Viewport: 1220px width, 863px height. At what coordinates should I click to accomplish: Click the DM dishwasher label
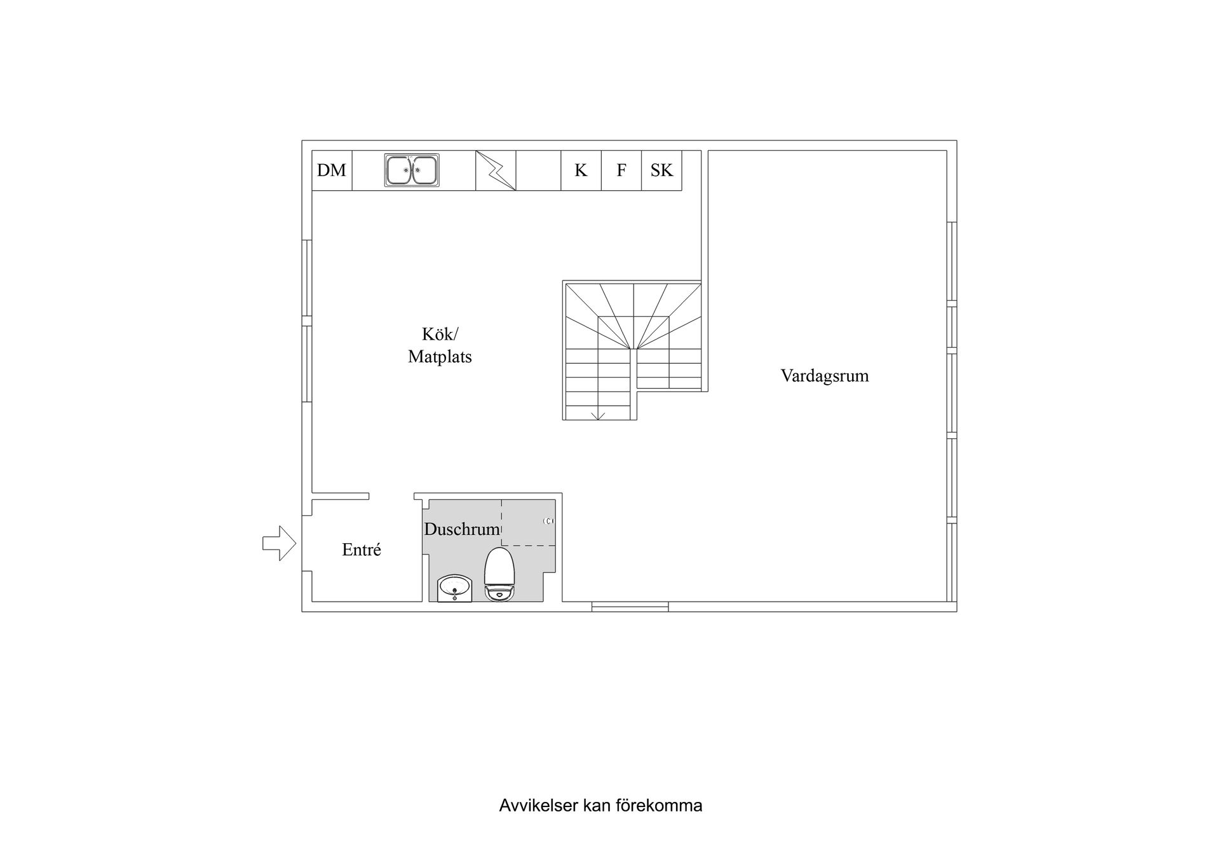point(332,170)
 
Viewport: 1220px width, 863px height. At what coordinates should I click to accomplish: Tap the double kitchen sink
point(412,170)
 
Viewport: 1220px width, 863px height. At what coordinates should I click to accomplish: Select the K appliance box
point(581,170)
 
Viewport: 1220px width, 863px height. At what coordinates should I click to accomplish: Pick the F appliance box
point(621,170)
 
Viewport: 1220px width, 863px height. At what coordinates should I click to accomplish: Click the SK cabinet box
point(661,170)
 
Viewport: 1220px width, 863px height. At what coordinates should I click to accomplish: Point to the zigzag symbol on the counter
point(496,170)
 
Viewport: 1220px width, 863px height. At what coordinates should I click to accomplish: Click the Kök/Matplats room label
point(440,345)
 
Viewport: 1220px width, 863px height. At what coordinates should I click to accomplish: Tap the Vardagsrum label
point(825,375)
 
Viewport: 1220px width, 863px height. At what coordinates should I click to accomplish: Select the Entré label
point(362,549)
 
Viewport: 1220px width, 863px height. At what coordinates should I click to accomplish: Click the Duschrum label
point(462,529)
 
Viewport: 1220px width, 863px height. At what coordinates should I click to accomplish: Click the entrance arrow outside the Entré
point(280,544)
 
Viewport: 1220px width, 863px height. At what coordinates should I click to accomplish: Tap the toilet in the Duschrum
point(499,574)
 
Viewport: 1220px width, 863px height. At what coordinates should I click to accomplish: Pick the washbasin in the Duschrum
point(454,588)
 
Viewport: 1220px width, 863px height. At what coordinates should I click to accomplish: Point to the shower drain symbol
point(549,521)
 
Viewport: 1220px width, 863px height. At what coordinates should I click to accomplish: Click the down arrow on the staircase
point(598,416)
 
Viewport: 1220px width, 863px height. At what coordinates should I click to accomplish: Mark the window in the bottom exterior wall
point(630,607)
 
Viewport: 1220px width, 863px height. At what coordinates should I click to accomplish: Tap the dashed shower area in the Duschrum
point(529,523)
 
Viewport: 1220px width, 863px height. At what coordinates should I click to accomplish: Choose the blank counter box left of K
point(538,170)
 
